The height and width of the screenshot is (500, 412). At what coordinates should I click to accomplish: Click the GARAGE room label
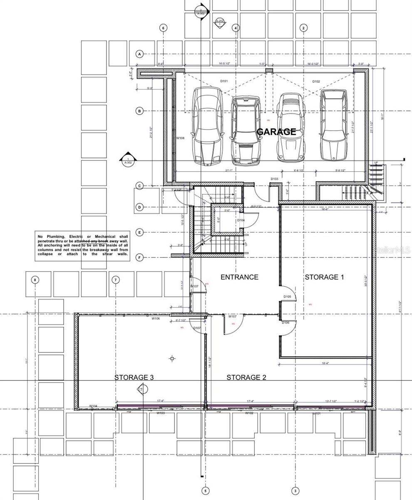[x=276, y=132]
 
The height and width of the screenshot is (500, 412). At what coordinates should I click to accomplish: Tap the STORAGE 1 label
[x=324, y=277]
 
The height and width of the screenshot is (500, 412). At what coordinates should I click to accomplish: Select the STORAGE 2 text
[x=246, y=377]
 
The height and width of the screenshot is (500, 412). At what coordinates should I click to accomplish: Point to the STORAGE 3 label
[x=134, y=377]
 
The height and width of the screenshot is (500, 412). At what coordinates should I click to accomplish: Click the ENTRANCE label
[x=239, y=277]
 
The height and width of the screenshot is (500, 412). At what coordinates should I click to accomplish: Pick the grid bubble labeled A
[x=140, y=54]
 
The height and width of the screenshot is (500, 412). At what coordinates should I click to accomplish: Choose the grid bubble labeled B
[x=140, y=111]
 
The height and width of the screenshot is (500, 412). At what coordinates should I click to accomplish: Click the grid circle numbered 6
[x=163, y=28]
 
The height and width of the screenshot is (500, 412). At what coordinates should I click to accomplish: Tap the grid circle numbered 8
[x=35, y=280]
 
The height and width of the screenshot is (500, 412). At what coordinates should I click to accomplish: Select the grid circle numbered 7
[x=116, y=280]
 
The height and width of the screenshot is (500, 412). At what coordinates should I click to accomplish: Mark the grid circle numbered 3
[x=295, y=491]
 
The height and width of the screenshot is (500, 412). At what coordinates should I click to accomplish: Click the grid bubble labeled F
[x=140, y=257]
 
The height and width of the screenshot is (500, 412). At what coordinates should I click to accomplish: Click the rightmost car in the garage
[x=334, y=125]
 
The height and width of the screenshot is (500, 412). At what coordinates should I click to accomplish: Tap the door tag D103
[x=275, y=179]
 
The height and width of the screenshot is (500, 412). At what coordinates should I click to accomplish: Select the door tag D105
[x=287, y=297]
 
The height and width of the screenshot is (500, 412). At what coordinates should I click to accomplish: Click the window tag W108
[x=180, y=138]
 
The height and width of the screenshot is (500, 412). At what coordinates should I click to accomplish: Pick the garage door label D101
[x=224, y=81]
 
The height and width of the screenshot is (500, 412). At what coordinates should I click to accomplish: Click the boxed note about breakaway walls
[x=82, y=245]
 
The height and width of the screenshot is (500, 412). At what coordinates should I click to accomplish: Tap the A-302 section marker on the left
[x=128, y=160]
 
